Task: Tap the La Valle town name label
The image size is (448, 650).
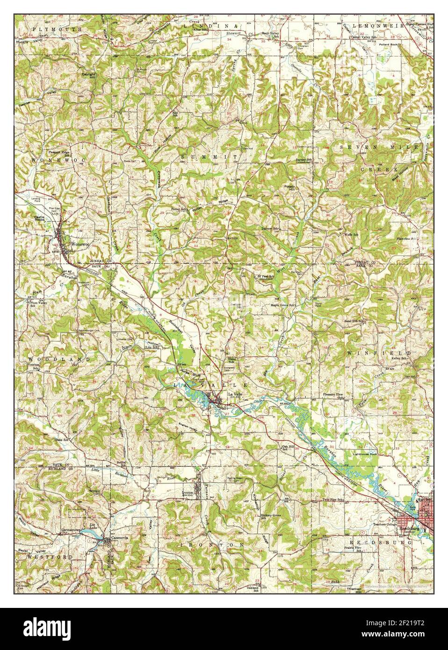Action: (234, 394)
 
